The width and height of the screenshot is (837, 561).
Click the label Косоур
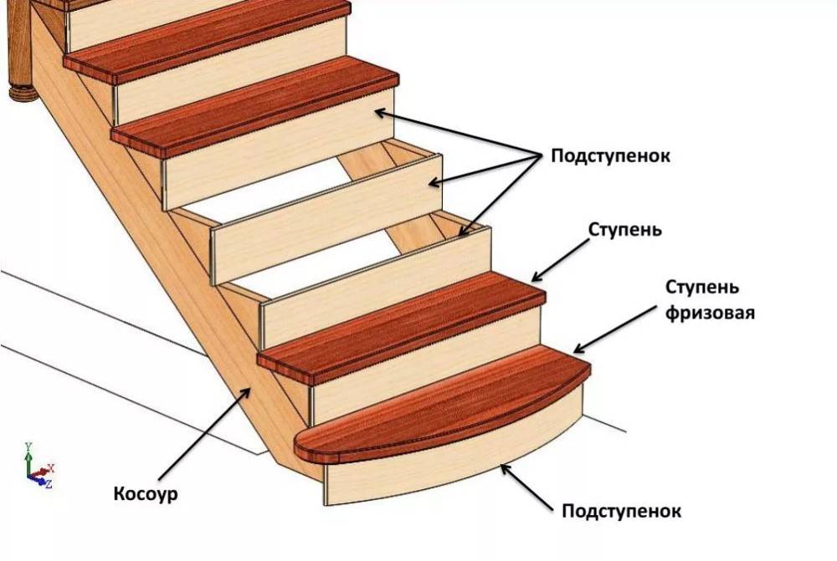pyautogui.click(x=146, y=494)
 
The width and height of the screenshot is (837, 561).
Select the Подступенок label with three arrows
pyautogui.click(x=610, y=156)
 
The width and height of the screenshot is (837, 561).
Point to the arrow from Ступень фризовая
pyautogui.click(x=616, y=329)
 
